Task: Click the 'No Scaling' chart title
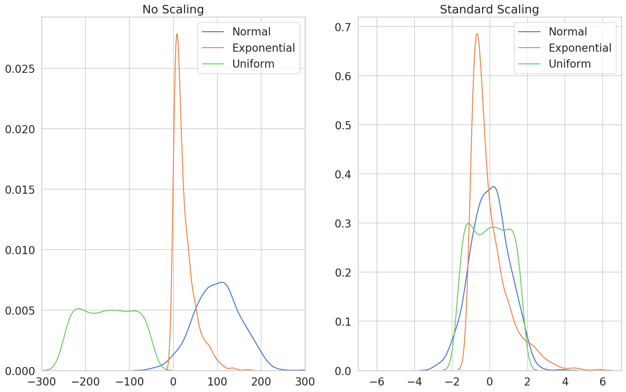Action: [x=173, y=9]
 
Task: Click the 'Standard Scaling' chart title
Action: [x=489, y=9]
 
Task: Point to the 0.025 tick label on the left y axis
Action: [x=20, y=69]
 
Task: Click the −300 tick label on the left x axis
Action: [x=42, y=382]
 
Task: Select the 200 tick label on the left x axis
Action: [x=261, y=382]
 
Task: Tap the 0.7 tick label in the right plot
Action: [x=343, y=27]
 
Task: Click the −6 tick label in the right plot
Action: [x=377, y=382]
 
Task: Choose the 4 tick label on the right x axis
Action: [x=565, y=382]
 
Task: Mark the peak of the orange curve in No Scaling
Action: [x=177, y=34]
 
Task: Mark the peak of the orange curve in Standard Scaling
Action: [x=477, y=34]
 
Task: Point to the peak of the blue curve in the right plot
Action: [x=494, y=187]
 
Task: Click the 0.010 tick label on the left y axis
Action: [x=20, y=250]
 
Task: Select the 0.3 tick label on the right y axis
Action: [x=343, y=224]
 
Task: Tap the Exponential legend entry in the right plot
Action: [x=580, y=48]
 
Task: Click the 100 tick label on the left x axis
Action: [x=217, y=382]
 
